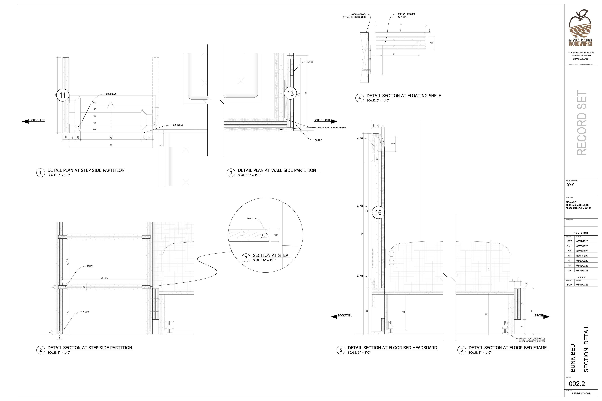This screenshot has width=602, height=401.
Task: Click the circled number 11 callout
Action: point(63,95)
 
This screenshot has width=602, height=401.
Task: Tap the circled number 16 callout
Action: point(378,213)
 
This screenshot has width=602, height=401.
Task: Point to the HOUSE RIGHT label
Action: point(322,120)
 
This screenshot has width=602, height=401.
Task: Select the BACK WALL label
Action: point(345,316)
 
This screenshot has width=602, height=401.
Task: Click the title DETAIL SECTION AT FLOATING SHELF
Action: point(404,96)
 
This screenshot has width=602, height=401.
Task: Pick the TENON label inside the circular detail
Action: point(250,219)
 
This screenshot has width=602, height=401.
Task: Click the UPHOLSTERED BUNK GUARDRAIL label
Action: point(332,128)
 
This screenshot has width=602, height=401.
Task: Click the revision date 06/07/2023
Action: point(582,241)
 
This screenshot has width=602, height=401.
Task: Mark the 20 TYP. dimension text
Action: point(104,278)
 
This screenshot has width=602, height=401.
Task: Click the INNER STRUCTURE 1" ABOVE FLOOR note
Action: point(532,340)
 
